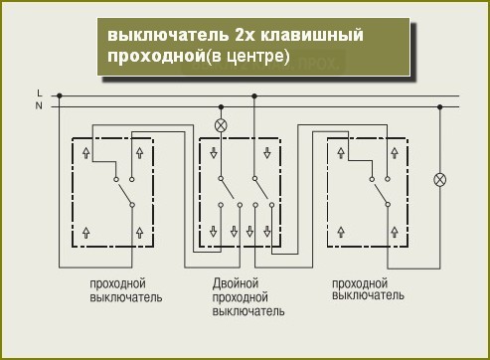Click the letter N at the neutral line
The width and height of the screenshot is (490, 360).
(39, 105)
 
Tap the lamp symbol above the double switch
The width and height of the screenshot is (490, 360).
(221, 125)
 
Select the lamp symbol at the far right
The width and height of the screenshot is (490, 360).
(441, 180)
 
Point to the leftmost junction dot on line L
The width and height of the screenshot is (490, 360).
(59, 95)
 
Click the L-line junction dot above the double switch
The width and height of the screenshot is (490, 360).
(254, 95)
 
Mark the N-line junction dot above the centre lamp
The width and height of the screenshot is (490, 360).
(221, 105)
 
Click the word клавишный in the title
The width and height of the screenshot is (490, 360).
(307, 36)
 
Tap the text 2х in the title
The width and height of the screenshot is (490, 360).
(240, 36)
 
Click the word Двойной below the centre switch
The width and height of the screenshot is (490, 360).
(236, 283)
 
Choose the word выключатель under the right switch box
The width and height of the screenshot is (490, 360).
(368, 295)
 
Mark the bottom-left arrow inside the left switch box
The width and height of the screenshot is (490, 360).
(85, 231)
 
